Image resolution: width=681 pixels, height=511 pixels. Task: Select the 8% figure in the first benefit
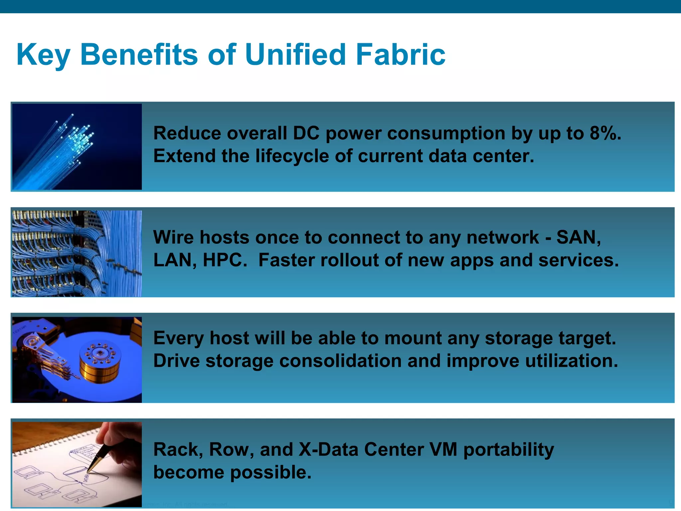605,133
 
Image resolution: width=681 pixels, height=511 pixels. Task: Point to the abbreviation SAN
578,238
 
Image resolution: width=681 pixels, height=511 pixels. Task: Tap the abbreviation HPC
225,260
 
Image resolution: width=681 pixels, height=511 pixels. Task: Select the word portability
508,450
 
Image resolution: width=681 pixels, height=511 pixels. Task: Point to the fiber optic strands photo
77,147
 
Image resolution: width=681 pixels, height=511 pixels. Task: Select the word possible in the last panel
271,472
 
